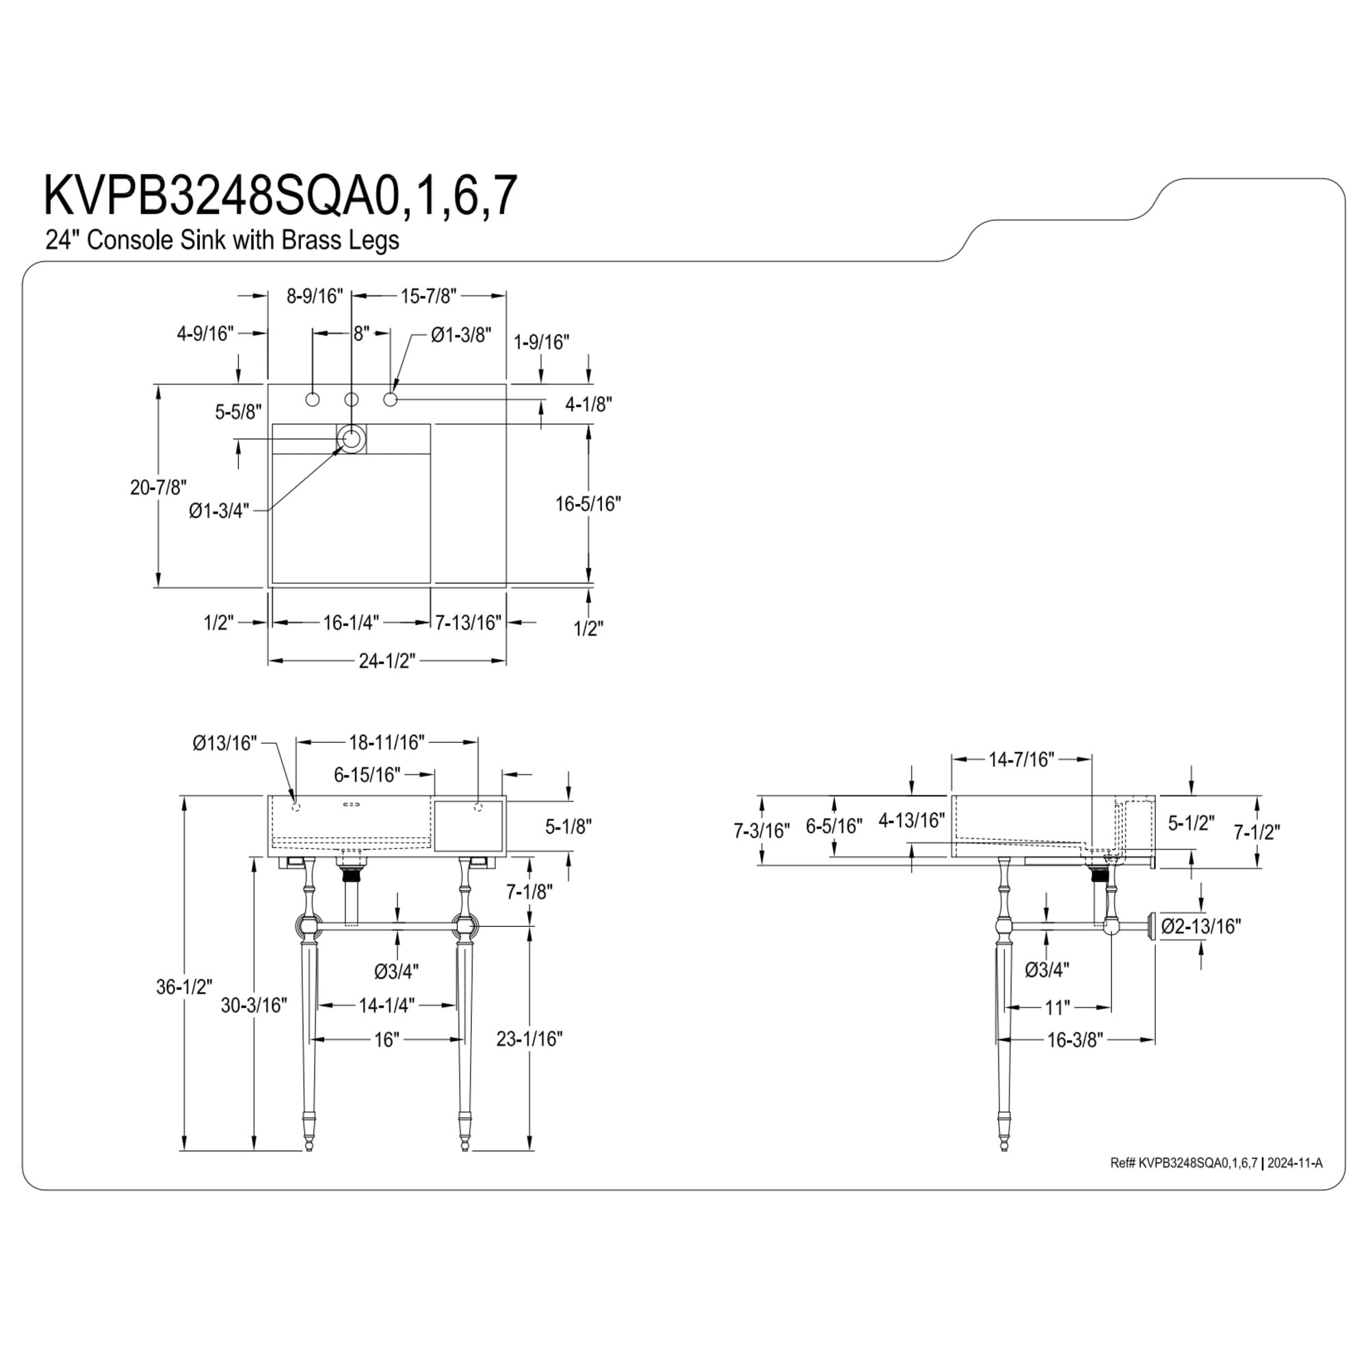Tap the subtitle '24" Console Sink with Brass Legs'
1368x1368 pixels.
coord(222,240)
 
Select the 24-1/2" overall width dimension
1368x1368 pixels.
coord(386,661)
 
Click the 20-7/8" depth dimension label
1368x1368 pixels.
coord(159,487)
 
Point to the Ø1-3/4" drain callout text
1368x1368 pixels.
coord(219,510)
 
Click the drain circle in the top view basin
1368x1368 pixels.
coord(352,439)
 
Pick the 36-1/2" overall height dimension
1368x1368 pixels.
coord(184,986)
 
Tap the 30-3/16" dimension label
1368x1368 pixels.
coord(254,1005)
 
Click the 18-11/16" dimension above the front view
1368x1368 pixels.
coord(386,741)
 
